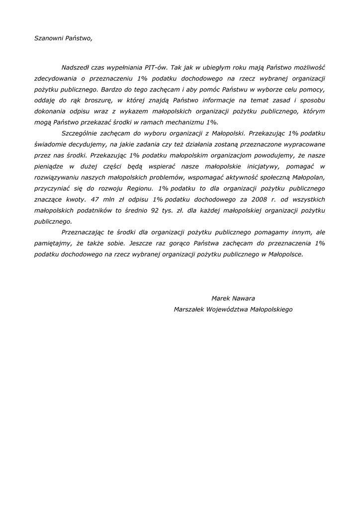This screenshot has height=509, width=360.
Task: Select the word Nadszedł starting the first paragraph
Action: pos(77,67)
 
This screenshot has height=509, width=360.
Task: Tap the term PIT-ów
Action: pos(156,67)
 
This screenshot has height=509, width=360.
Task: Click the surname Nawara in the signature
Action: pos(244,298)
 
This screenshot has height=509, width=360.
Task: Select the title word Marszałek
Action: pos(189,309)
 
